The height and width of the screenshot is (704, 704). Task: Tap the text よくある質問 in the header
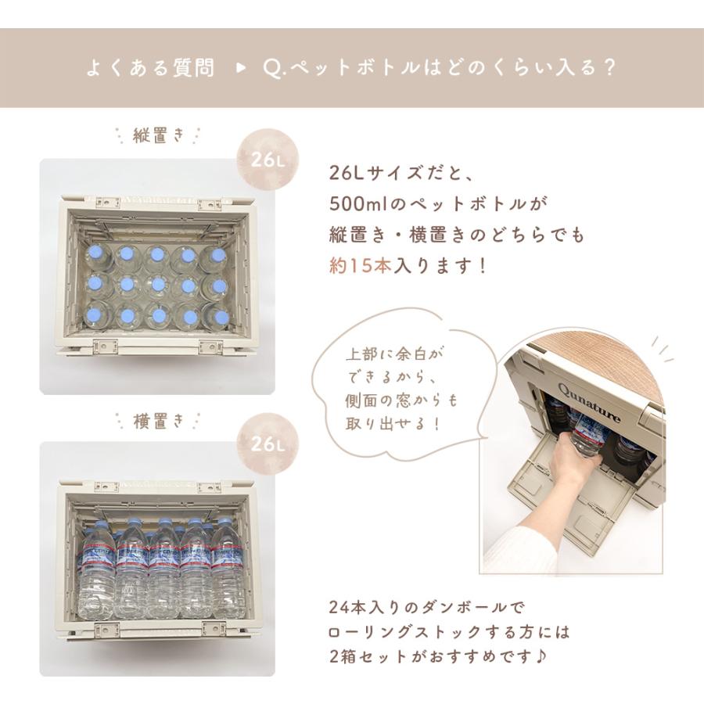(149, 68)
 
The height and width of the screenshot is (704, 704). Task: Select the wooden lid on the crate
(618, 368)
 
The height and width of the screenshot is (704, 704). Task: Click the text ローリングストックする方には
(450, 631)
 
